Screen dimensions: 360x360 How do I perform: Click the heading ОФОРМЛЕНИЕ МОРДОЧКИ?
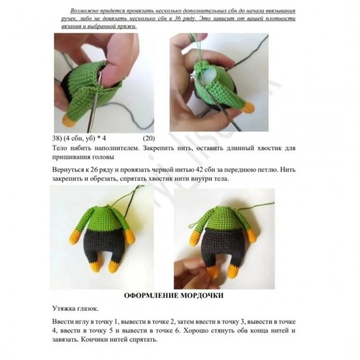(x=174, y=295)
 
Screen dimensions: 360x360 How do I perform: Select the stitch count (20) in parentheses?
(x=149, y=138)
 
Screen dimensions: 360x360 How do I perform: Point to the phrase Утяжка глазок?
(x=75, y=308)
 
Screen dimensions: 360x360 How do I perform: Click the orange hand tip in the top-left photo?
(x=69, y=121)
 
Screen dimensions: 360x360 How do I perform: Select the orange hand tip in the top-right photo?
(x=248, y=107)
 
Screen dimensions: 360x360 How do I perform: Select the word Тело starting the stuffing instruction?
(x=59, y=148)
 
